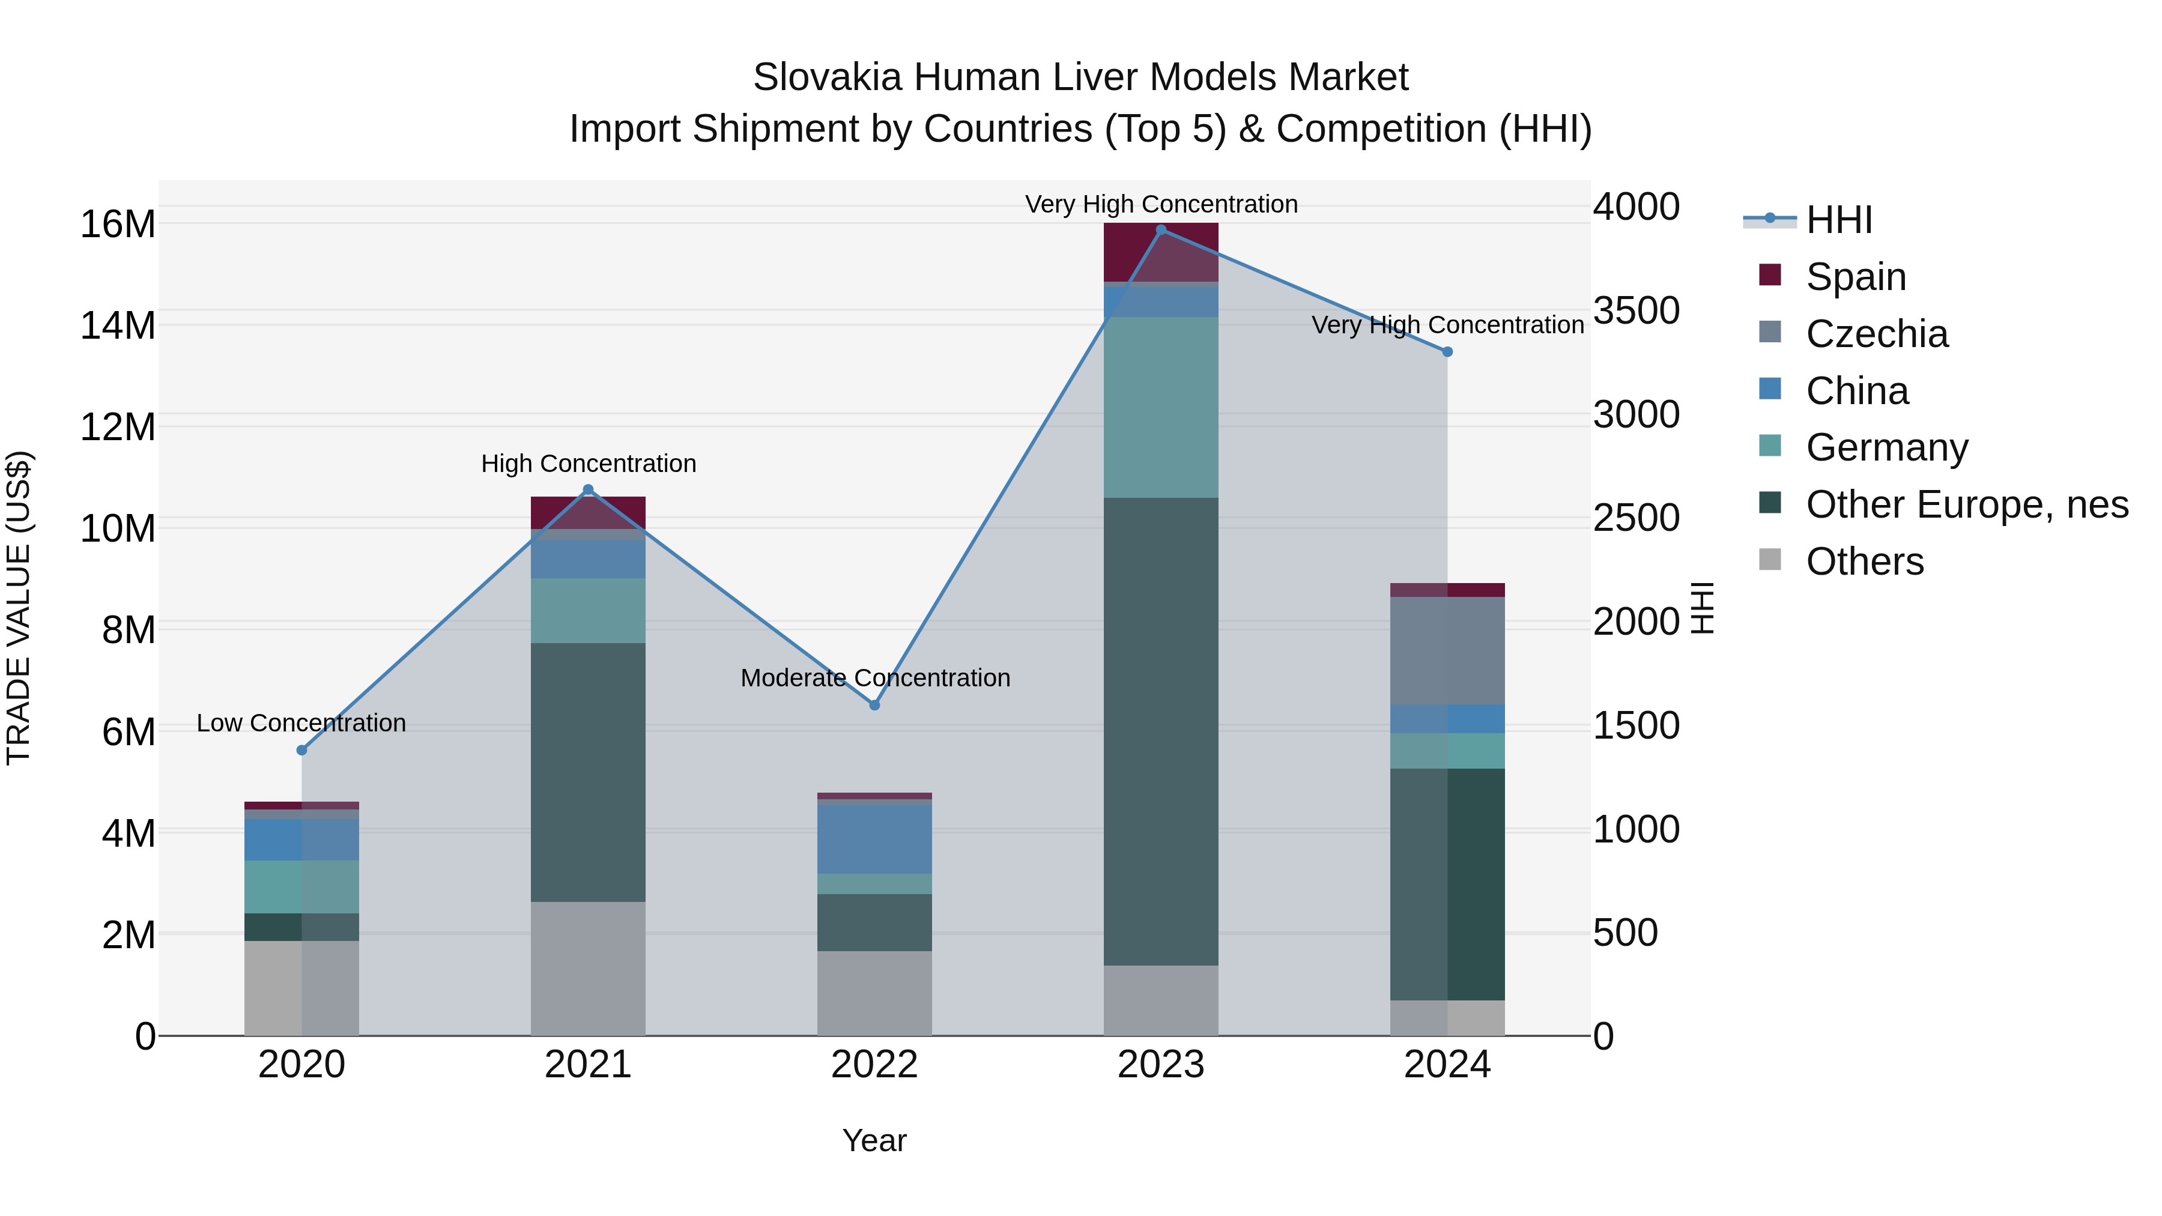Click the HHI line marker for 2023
[1161, 230]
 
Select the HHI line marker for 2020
[302, 750]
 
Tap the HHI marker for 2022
[874, 705]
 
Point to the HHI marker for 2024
[1447, 352]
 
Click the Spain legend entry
[1856, 277]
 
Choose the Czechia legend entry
[1877, 334]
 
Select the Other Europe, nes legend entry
[1966, 504]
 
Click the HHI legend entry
[1838, 220]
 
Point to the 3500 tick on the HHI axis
[1636, 310]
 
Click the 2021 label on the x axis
[587, 1065]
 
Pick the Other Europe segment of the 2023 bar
[1161, 730]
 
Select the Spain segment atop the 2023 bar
[1161, 252]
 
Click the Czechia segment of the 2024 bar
[1447, 650]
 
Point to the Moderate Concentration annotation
[874, 677]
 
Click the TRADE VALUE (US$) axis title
[19, 608]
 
